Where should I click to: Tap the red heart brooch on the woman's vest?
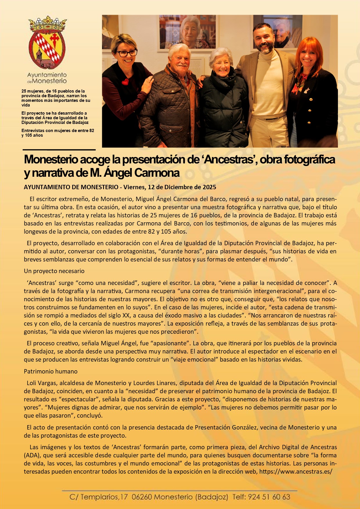pyautogui.click(x=125, y=82)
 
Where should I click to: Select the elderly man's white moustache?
pyautogui.click(x=182, y=65)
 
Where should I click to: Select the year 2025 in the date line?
pyautogui.click(x=209, y=187)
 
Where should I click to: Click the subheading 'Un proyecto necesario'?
pyautogui.click(x=54, y=271)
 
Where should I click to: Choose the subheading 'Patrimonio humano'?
pyautogui.click(x=51, y=371)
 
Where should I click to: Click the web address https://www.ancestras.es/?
pyautogui.click(x=296, y=472)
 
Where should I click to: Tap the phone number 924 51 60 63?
pyautogui.click(x=269, y=497)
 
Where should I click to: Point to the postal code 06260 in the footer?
pyautogui.click(x=142, y=497)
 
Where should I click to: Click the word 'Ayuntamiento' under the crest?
pyautogui.click(x=47, y=75)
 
